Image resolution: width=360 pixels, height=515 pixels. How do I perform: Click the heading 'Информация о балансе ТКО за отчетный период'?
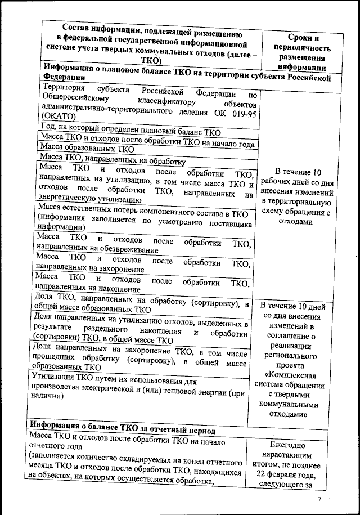pos(123,430)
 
